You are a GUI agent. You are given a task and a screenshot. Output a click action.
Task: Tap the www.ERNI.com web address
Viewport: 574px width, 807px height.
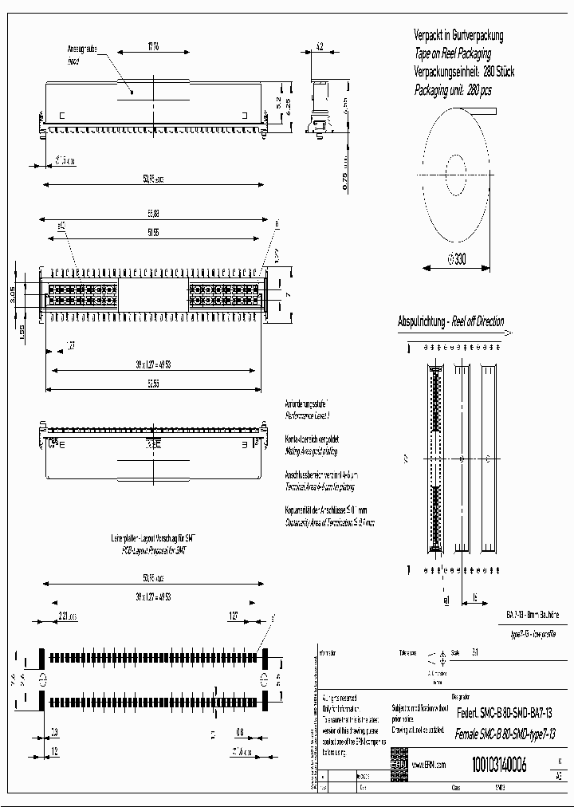(430, 764)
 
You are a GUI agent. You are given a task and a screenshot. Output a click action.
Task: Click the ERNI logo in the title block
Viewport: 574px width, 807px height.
(398, 763)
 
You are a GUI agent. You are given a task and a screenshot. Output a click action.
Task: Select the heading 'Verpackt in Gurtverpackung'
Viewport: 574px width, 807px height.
(458, 36)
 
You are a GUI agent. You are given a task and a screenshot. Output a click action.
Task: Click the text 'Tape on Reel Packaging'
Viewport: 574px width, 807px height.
(453, 53)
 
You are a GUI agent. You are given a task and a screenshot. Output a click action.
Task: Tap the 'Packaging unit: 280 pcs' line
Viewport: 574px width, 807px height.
(452, 90)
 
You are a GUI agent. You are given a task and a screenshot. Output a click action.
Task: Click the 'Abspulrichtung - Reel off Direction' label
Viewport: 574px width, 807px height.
(450, 322)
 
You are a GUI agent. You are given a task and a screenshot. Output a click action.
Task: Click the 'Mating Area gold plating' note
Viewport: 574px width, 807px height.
(311, 451)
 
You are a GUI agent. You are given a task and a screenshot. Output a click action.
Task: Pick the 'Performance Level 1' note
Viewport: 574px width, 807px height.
(308, 416)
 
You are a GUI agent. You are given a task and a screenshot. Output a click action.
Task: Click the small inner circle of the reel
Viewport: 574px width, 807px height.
(456, 170)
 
